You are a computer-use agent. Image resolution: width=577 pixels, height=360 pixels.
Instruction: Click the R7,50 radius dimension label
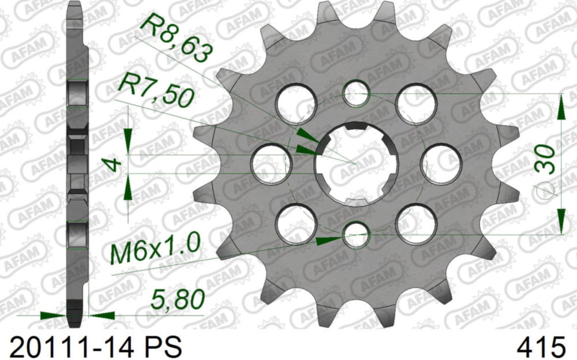[x=155, y=92]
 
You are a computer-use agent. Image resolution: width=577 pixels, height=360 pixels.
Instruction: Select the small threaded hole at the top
[x=356, y=93]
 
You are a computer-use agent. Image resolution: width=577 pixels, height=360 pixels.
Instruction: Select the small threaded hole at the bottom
[x=356, y=235]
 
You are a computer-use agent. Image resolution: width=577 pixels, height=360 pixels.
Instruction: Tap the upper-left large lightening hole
[x=296, y=104]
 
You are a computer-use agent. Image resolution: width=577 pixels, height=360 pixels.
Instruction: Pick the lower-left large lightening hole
[x=296, y=224]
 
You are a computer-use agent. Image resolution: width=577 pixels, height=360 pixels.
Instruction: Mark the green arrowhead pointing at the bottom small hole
[x=330, y=239]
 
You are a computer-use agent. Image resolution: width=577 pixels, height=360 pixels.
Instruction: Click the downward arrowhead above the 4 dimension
[x=128, y=139]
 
